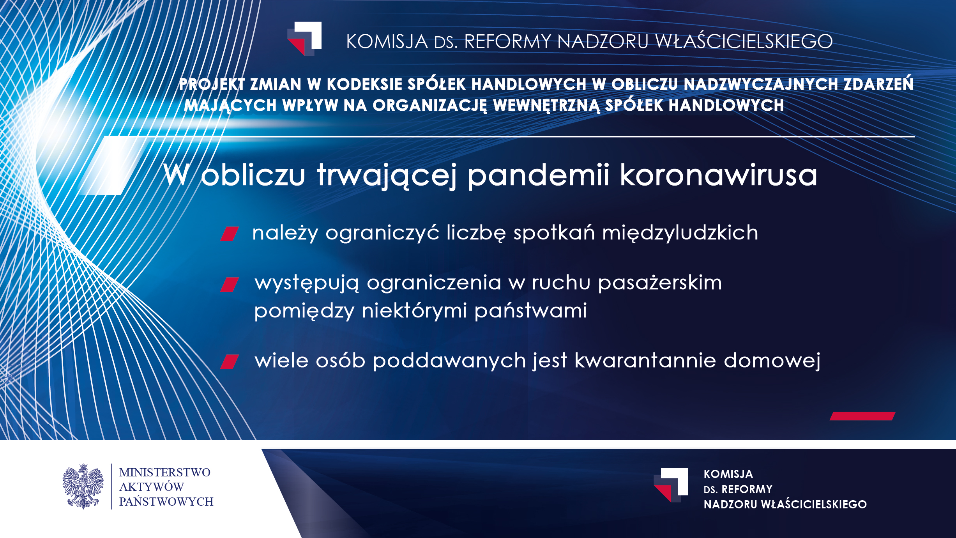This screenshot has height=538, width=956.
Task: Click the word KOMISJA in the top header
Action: point(387,42)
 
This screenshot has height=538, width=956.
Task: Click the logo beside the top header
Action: point(304,39)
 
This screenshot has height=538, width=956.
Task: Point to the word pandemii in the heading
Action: point(538,175)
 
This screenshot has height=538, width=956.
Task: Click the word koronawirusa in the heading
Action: point(718,175)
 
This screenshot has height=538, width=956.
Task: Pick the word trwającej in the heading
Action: point(387,176)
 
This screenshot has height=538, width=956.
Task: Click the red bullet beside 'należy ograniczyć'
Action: point(229,234)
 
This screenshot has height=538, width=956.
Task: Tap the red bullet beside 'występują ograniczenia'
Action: point(229,285)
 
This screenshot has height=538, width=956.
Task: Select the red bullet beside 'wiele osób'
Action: point(229,362)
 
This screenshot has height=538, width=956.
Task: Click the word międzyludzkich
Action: point(680,233)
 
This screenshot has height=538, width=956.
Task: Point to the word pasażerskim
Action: point(660,283)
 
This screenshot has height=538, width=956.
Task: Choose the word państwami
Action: point(530,311)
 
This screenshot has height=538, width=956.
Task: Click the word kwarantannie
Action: point(645,360)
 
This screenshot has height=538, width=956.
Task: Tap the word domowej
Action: point(772,361)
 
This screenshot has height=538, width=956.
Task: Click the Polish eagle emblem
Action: point(83,486)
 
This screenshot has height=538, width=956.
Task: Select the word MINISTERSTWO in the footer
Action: point(165,473)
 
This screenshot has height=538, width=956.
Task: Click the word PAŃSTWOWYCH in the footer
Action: point(166,501)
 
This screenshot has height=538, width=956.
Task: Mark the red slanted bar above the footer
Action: point(862,416)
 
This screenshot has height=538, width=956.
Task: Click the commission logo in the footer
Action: point(671,485)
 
